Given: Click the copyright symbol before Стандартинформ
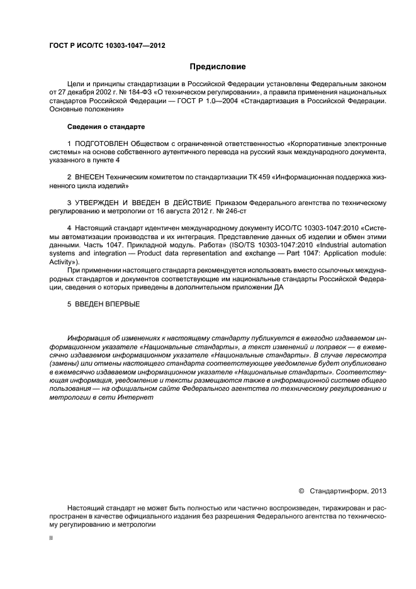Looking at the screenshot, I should [301, 490].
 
